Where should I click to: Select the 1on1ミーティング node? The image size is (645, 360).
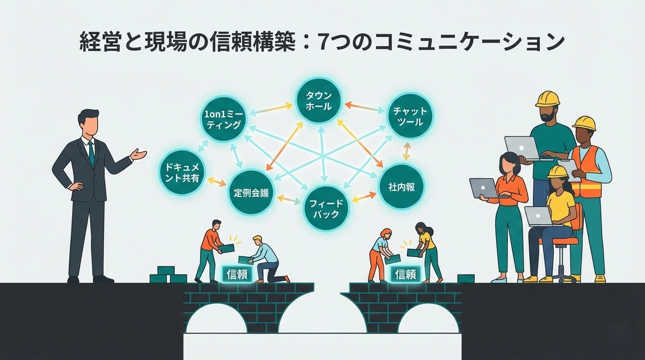[x=223, y=119]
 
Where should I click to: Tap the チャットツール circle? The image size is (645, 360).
[x=410, y=116]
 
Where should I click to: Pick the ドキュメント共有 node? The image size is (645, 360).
[x=182, y=172]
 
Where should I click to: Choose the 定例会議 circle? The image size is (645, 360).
[x=251, y=192]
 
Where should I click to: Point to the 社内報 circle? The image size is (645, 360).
[x=401, y=186]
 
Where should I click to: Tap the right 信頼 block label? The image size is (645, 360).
[x=406, y=274]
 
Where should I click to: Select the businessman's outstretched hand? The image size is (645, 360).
[x=138, y=154]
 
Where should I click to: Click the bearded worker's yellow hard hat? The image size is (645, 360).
[x=547, y=99]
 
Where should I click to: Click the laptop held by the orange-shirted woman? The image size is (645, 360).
[x=483, y=187]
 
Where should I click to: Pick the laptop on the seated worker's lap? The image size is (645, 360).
[x=539, y=216]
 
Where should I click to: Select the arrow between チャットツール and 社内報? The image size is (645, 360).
[x=406, y=151]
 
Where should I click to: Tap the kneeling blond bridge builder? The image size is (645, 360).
[x=265, y=260]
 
